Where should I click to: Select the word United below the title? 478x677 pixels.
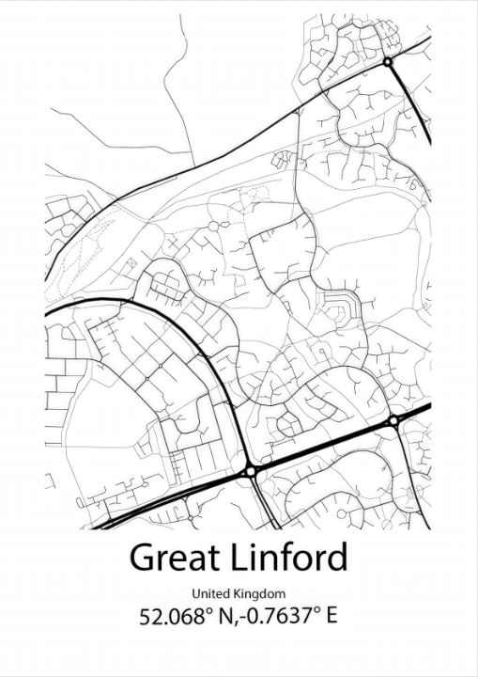[211, 593]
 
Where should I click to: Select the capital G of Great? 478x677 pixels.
[142, 558]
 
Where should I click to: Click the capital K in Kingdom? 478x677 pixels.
[240, 593]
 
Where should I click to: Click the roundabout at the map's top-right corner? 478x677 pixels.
[388, 62]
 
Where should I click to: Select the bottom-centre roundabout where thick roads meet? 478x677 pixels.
[251, 471]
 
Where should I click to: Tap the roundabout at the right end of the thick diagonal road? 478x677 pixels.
[393, 420]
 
